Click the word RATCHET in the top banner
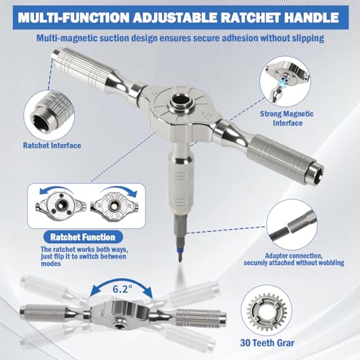(248, 17)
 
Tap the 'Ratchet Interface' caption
(52, 145)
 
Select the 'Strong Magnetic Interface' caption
(287, 118)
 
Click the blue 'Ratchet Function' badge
(83, 237)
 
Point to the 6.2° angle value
(122, 289)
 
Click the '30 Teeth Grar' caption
(267, 343)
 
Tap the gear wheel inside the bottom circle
(267, 312)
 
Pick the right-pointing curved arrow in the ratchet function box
(118, 191)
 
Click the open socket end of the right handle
(317, 171)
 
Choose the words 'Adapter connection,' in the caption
(294, 256)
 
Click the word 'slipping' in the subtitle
(308, 38)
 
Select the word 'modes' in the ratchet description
(50, 264)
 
